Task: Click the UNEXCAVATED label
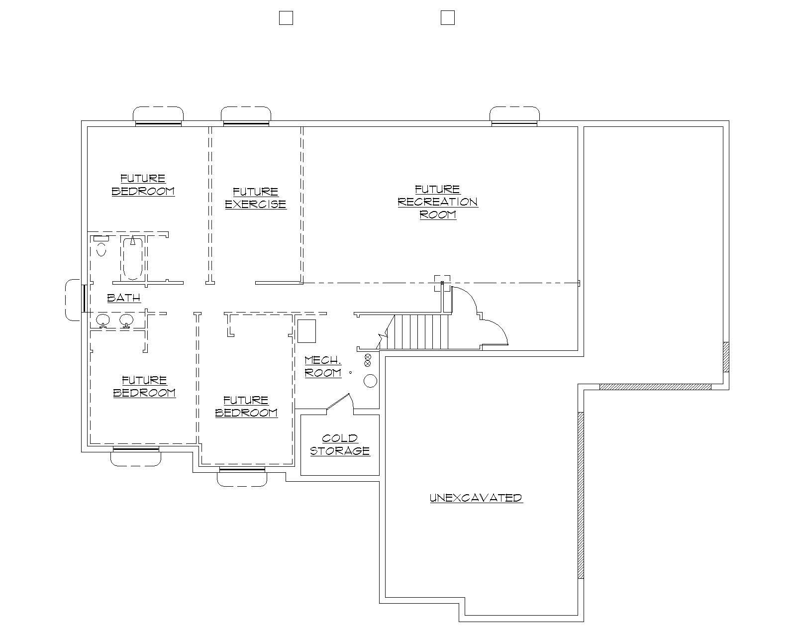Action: pos(476,498)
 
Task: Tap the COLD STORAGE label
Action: pos(340,444)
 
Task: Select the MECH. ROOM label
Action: pos(323,366)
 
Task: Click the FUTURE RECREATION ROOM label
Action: pos(438,202)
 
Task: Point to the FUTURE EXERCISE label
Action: pos(256,198)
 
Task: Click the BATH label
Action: pos(124,298)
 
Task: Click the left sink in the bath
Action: pos(103,320)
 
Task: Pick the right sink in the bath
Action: pos(126,320)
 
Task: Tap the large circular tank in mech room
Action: pos(370,381)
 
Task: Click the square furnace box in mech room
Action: pos(306,331)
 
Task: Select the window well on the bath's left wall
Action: pos(73,300)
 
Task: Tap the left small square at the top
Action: pos(286,18)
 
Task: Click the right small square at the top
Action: pos(447,18)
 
